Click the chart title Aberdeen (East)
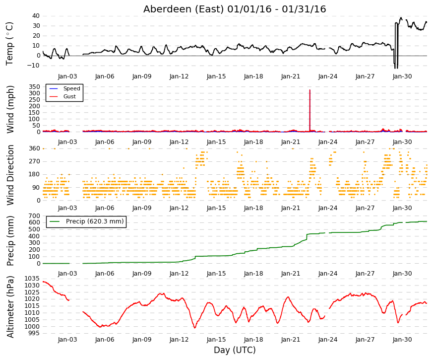[184, 9]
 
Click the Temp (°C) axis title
[9, 44]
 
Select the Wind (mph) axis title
[10, 110]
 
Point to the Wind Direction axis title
[10, 175]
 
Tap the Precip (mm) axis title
[10, 241]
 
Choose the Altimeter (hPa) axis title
[10, 307]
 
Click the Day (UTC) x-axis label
[235, 350]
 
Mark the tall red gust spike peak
[310, 90]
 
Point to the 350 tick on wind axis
[34, 86]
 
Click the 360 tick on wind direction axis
[34, 148]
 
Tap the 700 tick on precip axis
[34, 216]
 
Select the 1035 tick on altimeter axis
[32, 279]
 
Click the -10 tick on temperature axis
[33, 66]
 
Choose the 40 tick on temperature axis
[36, 16]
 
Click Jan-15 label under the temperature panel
[216, 76]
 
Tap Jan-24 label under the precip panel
[328, 274]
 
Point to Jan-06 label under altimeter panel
[105, 340]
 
